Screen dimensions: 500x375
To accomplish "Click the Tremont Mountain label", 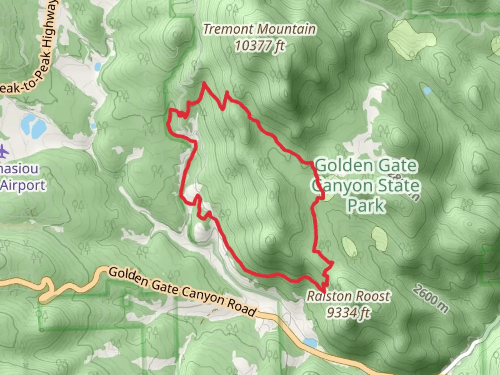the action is click(259, 29).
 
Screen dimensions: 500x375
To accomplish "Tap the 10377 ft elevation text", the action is click(259, 45).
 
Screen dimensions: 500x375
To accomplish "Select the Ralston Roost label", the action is click(348, 296).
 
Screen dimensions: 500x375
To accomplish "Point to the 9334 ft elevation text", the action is click(348, 313).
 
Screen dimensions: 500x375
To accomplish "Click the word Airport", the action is click(23, 185).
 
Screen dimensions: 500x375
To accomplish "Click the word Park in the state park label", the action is click(366, 205).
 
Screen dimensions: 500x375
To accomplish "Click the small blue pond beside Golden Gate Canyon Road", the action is click(310, 343).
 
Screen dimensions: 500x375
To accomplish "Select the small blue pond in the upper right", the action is click(427, 91).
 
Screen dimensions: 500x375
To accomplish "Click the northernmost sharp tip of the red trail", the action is click(204, 83).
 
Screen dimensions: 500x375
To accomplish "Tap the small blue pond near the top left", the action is click(98, 66).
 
